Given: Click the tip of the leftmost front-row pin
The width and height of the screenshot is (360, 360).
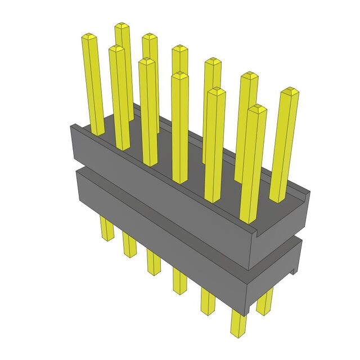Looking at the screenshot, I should pos(89,38).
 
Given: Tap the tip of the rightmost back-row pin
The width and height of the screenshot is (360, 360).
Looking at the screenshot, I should pos(289,91).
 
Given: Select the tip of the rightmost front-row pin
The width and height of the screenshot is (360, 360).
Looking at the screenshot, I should pos(256,109).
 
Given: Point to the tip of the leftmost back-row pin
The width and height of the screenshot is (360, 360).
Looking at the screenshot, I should pos(122,26).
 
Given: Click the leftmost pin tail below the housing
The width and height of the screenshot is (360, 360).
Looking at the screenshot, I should pos(105,227).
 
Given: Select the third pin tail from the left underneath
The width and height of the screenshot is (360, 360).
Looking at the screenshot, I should pos(154,262).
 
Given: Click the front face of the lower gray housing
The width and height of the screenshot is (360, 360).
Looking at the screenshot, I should pos(157,225).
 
